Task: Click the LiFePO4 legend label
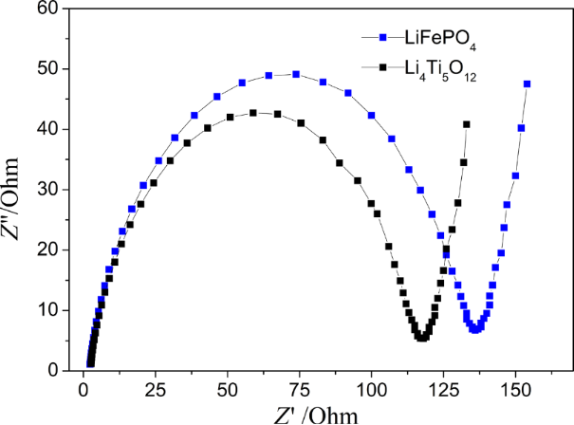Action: [x=431, y=39]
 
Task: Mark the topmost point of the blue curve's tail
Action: [x=527, y=83]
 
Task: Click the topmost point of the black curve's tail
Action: [x=467, y=124]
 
